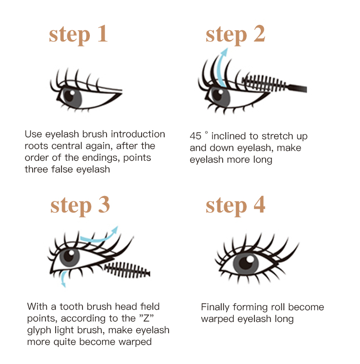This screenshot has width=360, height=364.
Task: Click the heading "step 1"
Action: tap(78, 35)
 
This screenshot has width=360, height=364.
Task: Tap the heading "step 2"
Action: tap(235, 35)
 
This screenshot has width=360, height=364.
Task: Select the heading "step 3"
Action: tap(80, 206)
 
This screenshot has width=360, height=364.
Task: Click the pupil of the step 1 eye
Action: tap(69, 96)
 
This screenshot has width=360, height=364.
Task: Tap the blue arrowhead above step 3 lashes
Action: tap(114, 230)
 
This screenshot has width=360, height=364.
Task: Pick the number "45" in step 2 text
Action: tap(195, 136)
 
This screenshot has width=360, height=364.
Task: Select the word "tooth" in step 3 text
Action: tap(72, 307)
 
